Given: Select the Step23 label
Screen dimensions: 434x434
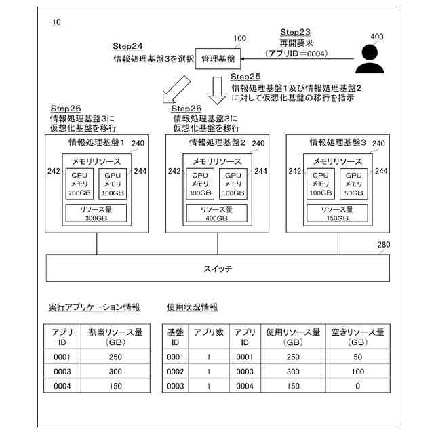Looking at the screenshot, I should [x=295, y=33].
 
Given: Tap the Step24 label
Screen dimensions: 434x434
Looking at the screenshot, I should [x=127, y=46].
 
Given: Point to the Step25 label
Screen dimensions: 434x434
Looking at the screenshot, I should [x=245, y=77].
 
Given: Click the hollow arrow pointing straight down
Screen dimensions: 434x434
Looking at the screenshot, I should [x=217, y=91].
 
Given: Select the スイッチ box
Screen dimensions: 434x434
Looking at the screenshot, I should [x=217, y=269].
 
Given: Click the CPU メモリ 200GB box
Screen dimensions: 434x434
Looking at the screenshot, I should [x=79, y=183].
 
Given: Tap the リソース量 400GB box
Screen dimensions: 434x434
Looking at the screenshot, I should [x=217, y=214].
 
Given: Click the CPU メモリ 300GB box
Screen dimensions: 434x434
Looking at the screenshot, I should [x=199, y=183].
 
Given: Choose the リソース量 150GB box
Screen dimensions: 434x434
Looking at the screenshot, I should [x=338, y=214].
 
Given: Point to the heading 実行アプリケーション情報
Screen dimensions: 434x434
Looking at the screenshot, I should [x=95, y=307].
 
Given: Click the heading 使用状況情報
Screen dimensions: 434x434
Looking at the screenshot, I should [x=193, y=307].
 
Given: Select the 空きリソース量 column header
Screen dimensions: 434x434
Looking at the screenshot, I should [x=357, y=337].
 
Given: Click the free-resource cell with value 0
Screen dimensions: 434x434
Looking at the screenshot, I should [x=357, y=386].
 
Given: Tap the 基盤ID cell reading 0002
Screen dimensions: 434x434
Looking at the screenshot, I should [x=176, y=372].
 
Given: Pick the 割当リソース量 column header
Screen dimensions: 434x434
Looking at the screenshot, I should [x=115, y=337].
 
